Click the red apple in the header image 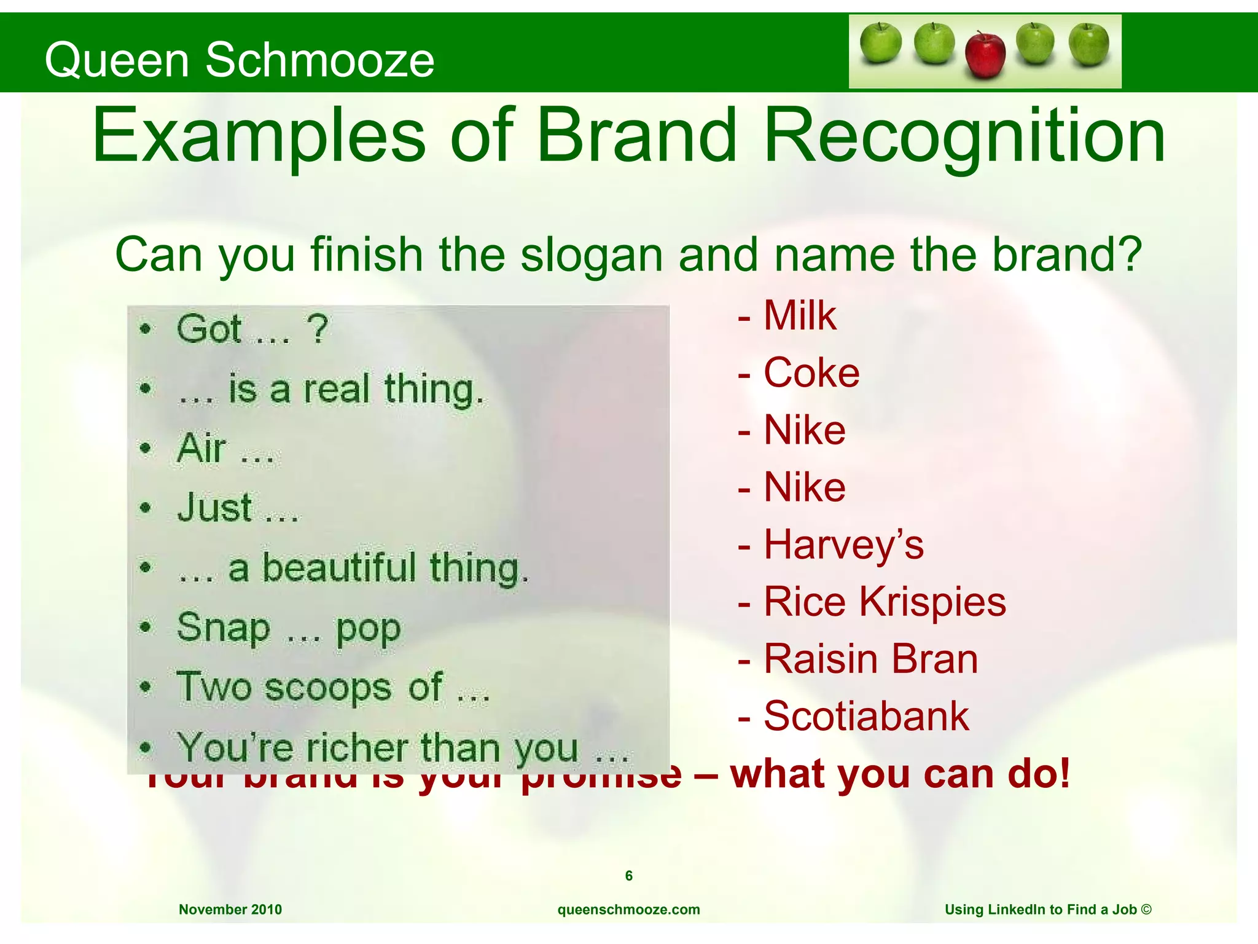point(985,55)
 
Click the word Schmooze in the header point(319,60)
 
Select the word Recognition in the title point(964,136)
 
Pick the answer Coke point(811,373)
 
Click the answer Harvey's point(843,545)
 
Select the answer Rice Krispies point(884,602)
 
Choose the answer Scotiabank point(865,716)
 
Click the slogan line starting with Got point(252,329)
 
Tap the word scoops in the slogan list point(329,688)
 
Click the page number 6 point(628,876)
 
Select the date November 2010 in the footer point(230,910)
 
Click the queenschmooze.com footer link point(628,910)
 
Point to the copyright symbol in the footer point(1146,909)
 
